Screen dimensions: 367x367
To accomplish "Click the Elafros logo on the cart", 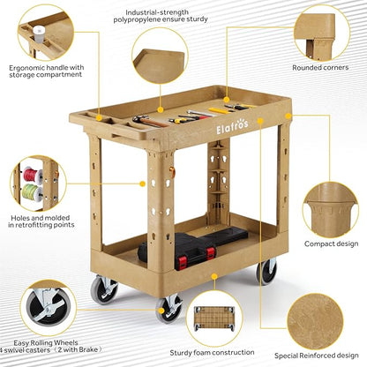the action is [x=232, y=126].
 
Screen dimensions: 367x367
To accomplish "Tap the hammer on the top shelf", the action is [x=150, y=121].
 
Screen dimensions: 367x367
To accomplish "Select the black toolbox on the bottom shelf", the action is [x=193, y=246].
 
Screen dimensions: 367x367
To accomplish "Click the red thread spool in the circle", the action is [x=33, y=176].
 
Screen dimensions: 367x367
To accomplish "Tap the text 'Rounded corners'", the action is [x=320, y=68].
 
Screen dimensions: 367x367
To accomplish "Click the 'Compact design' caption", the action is [x=331, y=243].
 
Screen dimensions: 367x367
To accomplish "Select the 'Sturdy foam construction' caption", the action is [x=212, y=352].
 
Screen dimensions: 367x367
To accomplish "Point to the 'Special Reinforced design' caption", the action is [x=317, y=356].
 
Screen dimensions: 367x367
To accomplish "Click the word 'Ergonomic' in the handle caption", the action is [x=26, y=68].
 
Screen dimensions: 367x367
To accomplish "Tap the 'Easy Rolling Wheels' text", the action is [x=46, y=343].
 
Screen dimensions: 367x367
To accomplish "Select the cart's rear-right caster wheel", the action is [x=266, y=273].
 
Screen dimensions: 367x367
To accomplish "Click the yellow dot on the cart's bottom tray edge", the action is [x=214, y=276].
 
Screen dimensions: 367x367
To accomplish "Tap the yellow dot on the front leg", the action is [x=143, y=183].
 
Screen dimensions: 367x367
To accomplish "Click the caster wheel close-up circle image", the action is [x=49, y=308].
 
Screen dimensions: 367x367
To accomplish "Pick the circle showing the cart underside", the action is [x=214, y=318].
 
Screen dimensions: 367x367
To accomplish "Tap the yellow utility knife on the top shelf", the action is [x=219, y=110].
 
